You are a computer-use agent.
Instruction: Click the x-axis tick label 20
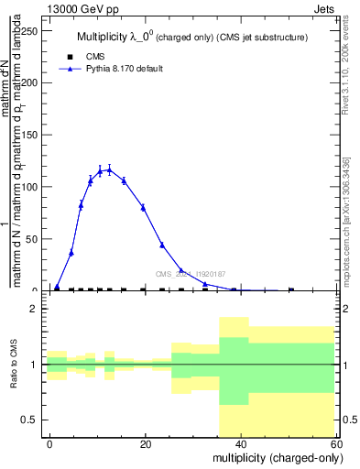coord(145,443)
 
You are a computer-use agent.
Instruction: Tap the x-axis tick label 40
coord(241,443)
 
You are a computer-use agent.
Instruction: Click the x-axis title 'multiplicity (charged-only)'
coord(272,457)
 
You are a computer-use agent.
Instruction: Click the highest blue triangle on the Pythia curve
coord(109,169)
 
